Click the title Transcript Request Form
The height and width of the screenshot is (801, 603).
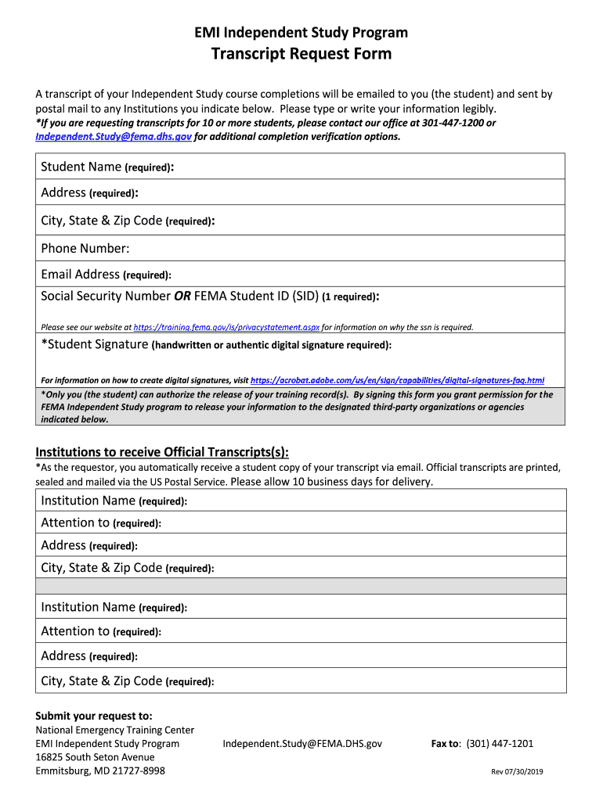pos(301,54)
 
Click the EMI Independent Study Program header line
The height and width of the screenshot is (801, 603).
pos(301,32)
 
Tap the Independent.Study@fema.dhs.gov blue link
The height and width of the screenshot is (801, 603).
pos(114,136)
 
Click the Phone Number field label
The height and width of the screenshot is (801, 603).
pos(85,249)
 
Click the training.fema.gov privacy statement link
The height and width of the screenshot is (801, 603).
pos(226,327)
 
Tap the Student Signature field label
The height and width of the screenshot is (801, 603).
pos(94,344)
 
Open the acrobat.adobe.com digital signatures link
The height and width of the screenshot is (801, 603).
pos(397,379)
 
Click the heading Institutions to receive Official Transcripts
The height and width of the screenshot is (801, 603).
pos(162,452)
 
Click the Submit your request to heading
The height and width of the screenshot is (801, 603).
pos(94,716)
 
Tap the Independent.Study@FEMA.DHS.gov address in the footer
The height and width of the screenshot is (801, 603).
pos(302,743)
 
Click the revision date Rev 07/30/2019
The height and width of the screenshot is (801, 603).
pos(517,771)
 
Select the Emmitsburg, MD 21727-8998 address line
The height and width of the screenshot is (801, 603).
pos(100,770)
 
